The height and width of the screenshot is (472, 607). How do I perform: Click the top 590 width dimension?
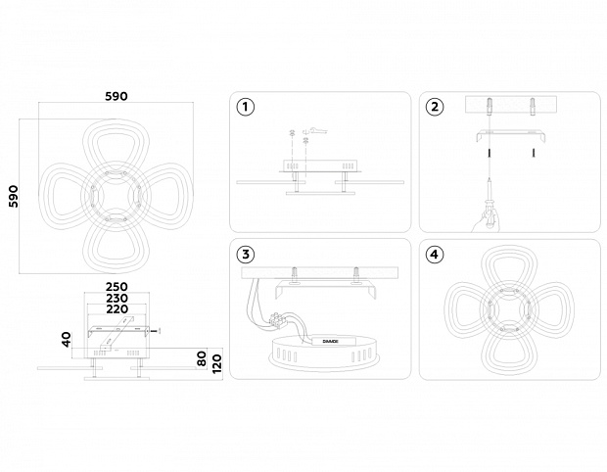tap(117, 98)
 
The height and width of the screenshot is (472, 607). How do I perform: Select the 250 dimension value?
tap(117, 288)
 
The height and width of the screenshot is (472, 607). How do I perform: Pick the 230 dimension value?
tap(117, 300)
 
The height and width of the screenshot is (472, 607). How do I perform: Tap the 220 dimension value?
tap(117, 311)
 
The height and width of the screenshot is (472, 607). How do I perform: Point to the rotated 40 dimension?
tap(67, 340)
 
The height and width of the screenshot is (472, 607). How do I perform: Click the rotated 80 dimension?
tap(202, 359)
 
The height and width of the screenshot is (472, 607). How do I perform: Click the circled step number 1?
tap(245, 108)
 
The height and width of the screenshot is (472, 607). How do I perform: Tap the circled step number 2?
tap(435, 108)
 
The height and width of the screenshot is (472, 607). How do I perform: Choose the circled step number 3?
tap(245, 255)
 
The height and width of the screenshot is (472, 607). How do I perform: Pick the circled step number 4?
tap(435, 255)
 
